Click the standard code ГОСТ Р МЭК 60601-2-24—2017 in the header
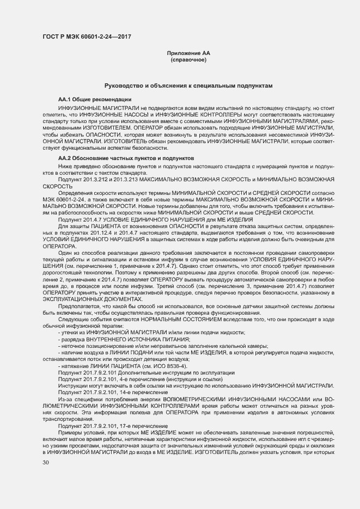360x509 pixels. [87, 38]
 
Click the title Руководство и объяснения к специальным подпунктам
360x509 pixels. [188, 86]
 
